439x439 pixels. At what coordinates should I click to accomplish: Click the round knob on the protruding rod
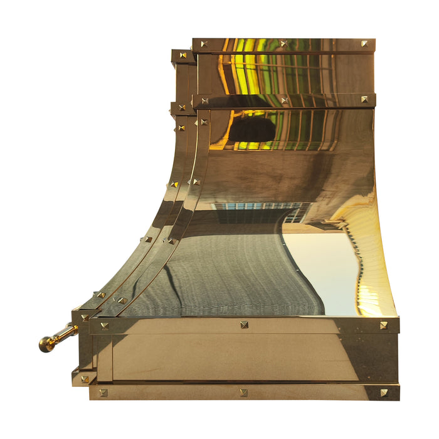point(46,344)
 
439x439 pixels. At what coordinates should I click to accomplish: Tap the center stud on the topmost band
point(283,44)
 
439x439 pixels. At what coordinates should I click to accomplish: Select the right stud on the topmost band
point(364,44)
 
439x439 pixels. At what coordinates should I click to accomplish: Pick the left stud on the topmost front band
point(204,44)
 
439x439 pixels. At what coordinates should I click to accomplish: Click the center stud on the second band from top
point(283,100)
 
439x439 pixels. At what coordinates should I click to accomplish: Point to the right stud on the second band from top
point(364,99)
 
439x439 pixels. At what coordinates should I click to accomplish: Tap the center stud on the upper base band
point(243,325)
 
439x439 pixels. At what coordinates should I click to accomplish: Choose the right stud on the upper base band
point(383,325)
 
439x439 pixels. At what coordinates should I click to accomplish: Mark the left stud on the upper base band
point(104,325)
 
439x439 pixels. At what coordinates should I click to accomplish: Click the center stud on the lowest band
point(243,393)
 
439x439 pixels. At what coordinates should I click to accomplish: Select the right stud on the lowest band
point(383,393)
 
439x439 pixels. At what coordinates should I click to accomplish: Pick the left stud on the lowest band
point(103,393)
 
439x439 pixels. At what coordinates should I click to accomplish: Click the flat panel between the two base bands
point(245,357)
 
